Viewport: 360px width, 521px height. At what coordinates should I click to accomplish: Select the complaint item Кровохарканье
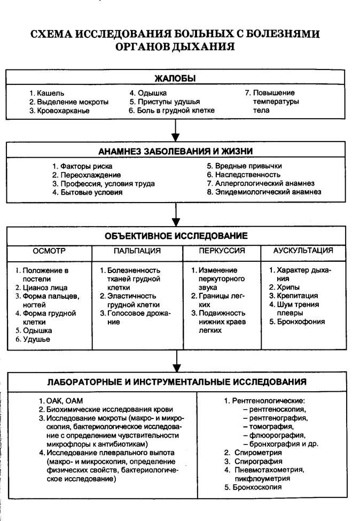[59, 111]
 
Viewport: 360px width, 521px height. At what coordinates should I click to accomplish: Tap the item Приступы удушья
[165, 102]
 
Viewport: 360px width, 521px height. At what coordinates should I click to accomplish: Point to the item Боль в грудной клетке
[171, 111]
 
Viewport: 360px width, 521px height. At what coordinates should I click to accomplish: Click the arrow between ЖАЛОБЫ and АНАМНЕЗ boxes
[175, 130]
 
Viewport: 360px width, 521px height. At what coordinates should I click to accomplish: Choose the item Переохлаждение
[87, 175]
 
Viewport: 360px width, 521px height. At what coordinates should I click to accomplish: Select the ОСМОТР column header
[49, 250]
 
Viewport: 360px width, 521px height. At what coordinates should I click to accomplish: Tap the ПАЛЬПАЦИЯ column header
[137, 250]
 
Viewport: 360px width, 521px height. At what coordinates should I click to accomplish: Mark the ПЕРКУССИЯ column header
[222, 250]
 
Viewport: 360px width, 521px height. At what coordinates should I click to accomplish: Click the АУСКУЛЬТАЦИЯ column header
[303, 250]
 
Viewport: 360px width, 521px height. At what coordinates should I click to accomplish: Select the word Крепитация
[298, 296]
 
